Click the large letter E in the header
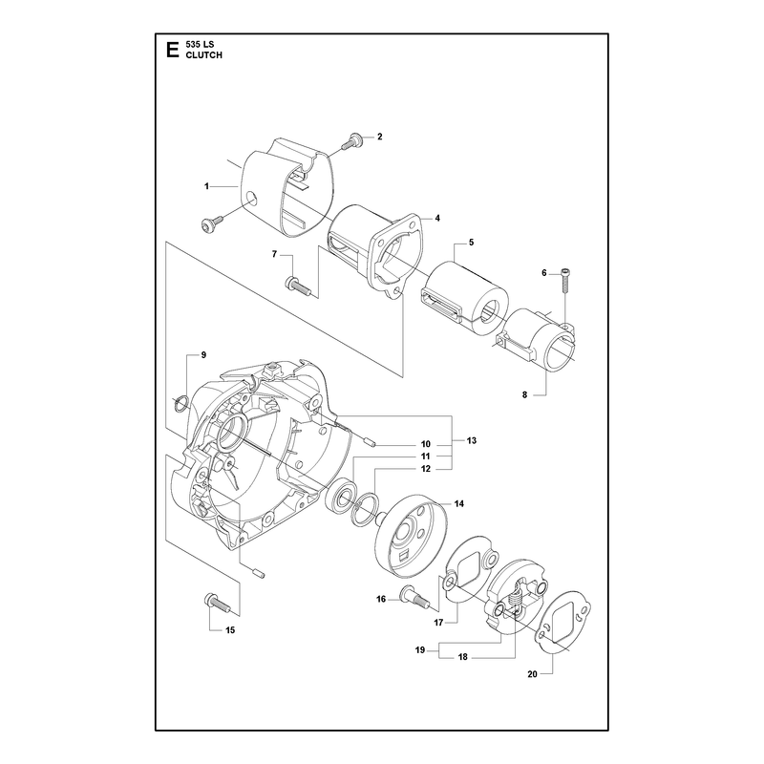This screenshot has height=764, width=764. point(172,51)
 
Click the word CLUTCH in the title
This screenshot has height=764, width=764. point(203,55)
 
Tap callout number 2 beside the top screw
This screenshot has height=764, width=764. point(379,137)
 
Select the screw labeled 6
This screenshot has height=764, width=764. point(565,280)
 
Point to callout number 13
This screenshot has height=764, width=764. point(471,440)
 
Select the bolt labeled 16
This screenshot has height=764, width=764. point(414,597)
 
